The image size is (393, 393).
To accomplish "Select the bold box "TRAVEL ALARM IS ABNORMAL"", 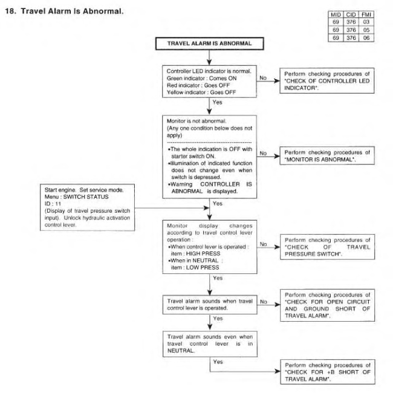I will pyautogui.click(x=208, y=44).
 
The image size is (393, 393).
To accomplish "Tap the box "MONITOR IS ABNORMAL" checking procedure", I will pyautogui.click(x=325, y=154).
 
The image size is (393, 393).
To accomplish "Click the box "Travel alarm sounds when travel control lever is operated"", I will pyautogui.click(x=208, y=303).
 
